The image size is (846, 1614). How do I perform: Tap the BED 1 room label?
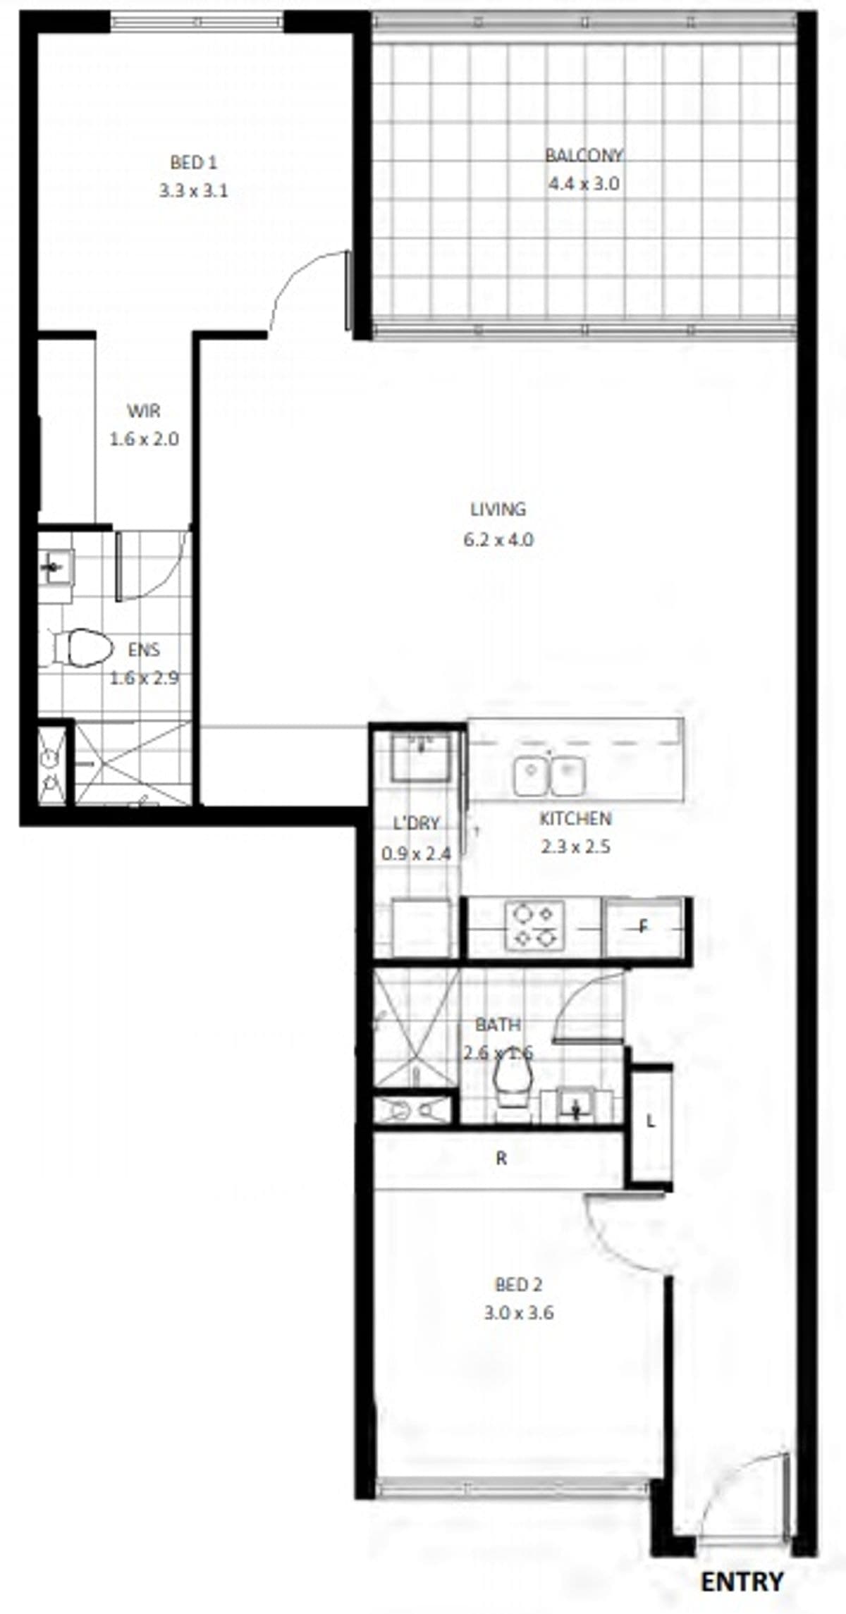pos(193,163)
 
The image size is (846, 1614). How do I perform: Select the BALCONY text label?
pos(584,155)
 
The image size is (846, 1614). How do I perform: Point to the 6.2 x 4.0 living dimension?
pos(498,540)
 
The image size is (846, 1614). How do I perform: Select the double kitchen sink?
pos(549,775)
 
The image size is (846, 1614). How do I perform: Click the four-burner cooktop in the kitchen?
pos(534,925)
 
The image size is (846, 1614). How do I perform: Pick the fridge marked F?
pos(644,928)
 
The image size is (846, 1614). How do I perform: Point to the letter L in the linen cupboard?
pos(650,1121)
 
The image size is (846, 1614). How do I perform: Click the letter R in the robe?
pos(501,1158)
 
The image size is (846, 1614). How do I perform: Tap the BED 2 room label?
pos(519,1285)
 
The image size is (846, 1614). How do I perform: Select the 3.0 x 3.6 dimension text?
pos(519,1313)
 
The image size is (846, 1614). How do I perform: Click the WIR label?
pos(144,410)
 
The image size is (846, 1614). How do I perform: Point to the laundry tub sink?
pos(421,757)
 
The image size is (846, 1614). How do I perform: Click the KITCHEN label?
pos(575,819)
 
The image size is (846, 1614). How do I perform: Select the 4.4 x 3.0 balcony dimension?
pos(584,184)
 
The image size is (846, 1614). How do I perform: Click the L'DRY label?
pos(416,823)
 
